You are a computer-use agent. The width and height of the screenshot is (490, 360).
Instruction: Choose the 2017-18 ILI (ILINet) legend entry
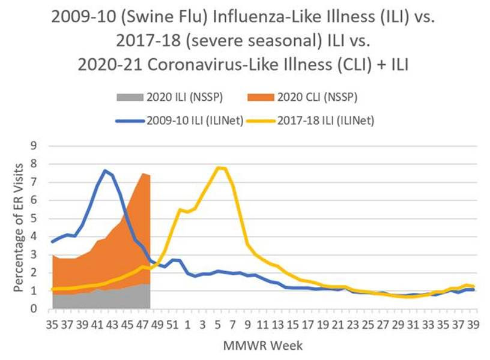tap(327, 121)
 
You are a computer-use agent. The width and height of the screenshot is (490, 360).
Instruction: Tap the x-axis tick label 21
tap(338, 326)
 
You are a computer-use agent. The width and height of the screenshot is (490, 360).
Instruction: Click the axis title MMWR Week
tap(262, 346)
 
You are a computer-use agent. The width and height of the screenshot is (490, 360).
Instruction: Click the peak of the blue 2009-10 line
tap(106, 170)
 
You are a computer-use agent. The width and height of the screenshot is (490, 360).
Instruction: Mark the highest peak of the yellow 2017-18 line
tap(221, 167)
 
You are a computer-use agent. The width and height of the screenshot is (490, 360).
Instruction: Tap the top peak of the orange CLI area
tap(143, 173)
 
